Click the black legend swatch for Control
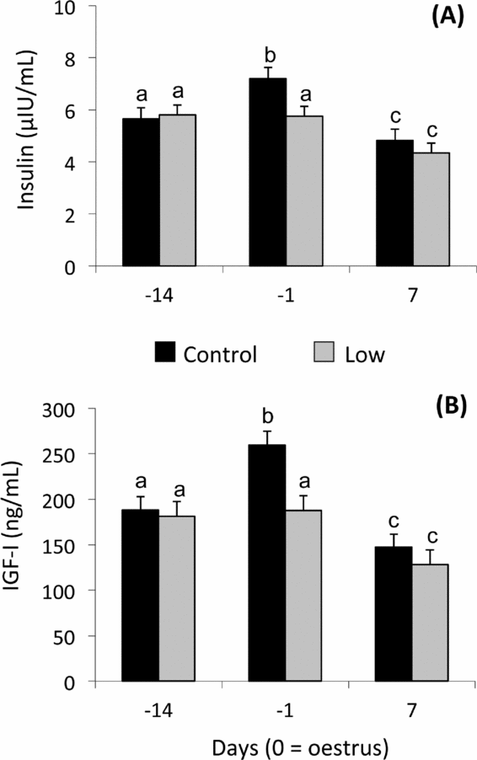click(167, 355)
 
